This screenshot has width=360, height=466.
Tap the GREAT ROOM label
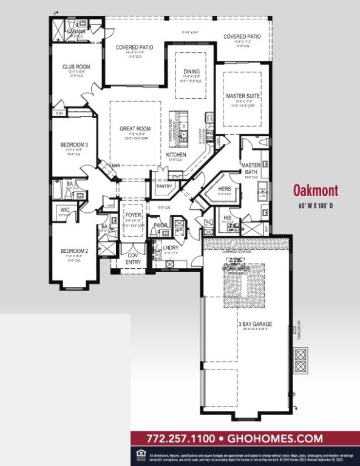click(x=135, y=129)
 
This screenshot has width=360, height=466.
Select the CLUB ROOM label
click(x=76, y=67)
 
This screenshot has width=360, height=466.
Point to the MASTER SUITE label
click(x=243, y=96)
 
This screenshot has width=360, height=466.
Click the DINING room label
click(x=191, y=72)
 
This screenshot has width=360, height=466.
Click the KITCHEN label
click(x=176, y=155)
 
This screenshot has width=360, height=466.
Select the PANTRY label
click(x=164, y=186)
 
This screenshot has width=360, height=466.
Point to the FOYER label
click(x=133, y=215)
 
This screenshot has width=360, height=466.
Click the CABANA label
click(x=76, y=31)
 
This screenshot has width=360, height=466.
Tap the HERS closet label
click(x=225, y=189)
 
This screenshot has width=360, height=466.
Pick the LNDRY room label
click(x=171, y=248)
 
